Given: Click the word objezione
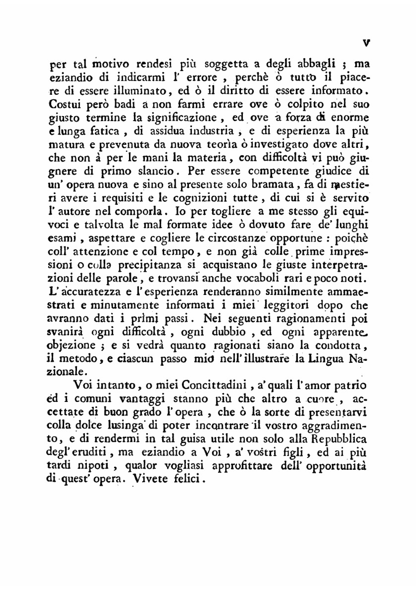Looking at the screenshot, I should [71, 345].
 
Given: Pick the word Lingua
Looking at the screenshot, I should [326, 358].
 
